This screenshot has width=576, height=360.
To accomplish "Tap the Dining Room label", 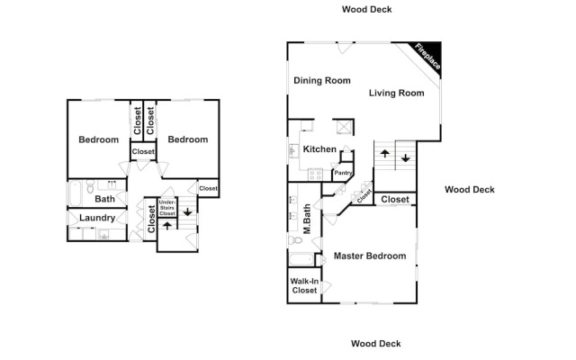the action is coord(322,80).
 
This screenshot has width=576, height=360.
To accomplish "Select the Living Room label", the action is coord(396,93).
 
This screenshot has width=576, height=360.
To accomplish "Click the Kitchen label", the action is coord(319,149).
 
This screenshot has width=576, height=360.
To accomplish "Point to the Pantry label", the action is coord(343,173).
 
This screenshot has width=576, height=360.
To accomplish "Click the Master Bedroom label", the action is coord(370,256).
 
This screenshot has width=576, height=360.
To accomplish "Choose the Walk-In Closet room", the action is coord(304,285).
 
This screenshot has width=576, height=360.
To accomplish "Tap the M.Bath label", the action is coord(308,219).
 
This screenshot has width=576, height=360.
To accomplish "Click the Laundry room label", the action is coord(97,218).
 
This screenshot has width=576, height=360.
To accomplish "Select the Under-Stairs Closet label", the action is coord(167,208).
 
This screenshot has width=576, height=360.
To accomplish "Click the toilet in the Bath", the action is coord(90,186).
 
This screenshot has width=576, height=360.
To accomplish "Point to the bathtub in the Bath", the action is coord(75,193).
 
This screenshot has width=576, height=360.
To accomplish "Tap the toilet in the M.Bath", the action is coord(295,240).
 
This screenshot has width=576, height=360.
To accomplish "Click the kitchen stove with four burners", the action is coord(315,175).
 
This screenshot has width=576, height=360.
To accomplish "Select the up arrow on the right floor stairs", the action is coord(384,154).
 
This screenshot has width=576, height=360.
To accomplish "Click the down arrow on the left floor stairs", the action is coord(188,212).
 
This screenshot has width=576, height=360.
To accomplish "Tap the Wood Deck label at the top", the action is coord(366,10).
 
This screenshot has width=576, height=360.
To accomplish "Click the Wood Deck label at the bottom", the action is coord(376,344).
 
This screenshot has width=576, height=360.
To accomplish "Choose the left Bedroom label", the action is coord(98,139).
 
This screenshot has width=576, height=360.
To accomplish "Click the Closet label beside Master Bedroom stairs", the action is coord(395,200).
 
